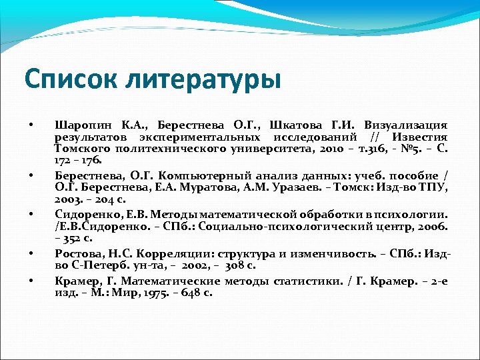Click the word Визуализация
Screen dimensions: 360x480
(406, 125)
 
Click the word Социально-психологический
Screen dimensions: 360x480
(255, 226)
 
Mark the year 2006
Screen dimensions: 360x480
(422, 226)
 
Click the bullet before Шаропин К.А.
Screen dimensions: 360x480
(31, 125)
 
